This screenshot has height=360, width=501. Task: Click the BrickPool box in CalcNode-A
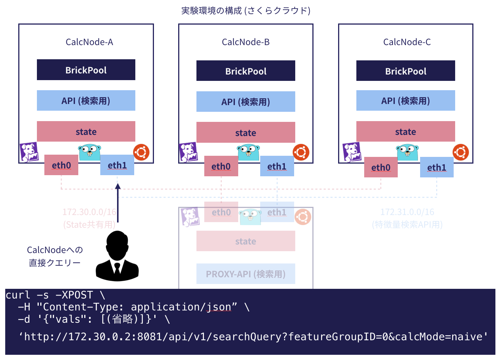[x=86, y=70]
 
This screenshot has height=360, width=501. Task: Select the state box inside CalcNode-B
[x=246, y=133]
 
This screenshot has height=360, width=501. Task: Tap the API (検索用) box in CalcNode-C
[x=406, y=101]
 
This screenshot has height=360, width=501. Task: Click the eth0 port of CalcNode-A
[x=61, y=165]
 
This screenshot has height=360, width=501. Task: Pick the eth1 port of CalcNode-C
[x=437, y=167]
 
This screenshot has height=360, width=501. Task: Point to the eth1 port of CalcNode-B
[x=277, y=166]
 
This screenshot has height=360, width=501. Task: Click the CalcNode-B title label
[x=246, y=42]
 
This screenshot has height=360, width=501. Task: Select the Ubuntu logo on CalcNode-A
[x=141, y=152]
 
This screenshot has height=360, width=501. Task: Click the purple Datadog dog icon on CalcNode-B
[x=188, y=152]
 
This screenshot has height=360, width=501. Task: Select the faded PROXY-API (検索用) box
[x=246, y=274]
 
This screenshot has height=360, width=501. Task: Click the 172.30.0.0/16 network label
[x=89, y=212]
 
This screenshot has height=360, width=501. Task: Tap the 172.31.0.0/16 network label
[x=407, y=212]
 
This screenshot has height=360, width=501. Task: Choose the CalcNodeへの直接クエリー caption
[x=55, y=256]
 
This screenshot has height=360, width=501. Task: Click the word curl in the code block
[x=18, y=295]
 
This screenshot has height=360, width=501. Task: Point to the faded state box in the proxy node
[x=246, y=241]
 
